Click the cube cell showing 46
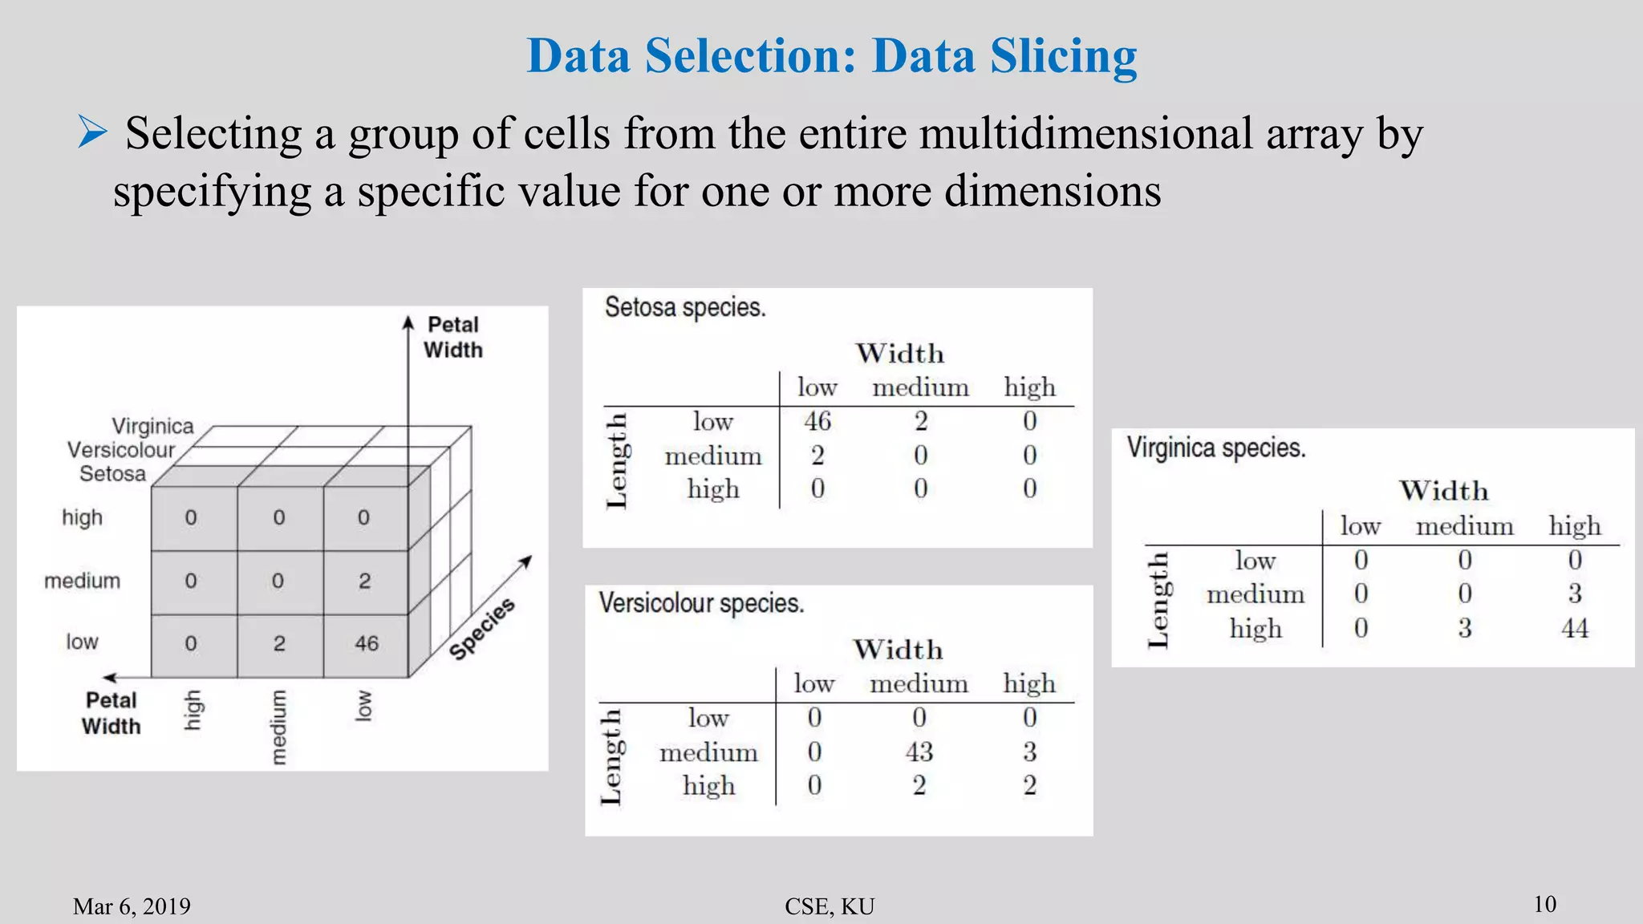(367, 643)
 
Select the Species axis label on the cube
(481, 629)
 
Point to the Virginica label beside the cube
(152, 426)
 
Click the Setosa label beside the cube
(112, 474)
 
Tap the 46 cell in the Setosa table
(817, 421)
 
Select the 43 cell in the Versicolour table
(919, 752)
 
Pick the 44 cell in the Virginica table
(1574, 628)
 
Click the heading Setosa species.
(685, 307)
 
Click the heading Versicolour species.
(701, 603)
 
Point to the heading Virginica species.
(1216, 448)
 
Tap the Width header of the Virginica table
(1444, 491)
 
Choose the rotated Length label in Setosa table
(616, 460)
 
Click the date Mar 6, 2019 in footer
(132, 906)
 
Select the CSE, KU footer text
(830, 906)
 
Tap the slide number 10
(1545, 904)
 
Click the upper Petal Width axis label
(453, 337)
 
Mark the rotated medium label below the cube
(278, 727)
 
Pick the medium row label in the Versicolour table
(708, 752)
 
